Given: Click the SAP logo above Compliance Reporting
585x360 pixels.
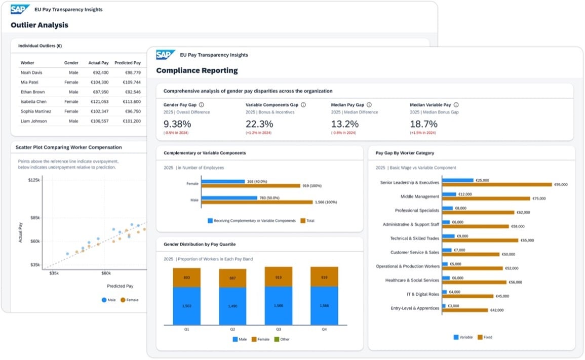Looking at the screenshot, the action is [165, 55].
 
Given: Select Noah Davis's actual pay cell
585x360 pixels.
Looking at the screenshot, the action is [100, 73].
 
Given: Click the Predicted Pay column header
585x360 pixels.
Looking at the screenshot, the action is [128, 63].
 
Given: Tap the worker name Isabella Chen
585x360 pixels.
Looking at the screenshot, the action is [33, 101].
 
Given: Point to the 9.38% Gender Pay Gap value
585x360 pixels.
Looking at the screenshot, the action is [177, 124].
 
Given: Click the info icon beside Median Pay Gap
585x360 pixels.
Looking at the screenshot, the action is [369, 105].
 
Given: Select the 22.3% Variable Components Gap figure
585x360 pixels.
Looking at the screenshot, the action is [259, 124].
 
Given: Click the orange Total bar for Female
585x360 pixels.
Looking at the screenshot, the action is [251, 186].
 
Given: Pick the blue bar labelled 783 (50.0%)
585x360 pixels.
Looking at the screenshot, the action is [229, 197].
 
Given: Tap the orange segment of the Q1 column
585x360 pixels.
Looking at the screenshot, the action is [186, 277].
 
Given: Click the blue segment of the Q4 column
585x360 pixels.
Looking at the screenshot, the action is [324, 306].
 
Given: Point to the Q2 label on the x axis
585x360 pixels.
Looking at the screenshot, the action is [232, 330].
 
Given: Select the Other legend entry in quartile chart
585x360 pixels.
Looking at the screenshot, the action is [282, 339].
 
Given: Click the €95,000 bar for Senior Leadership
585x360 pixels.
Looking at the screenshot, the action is [497, 185].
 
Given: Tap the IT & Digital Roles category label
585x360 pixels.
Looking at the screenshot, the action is [423, 294].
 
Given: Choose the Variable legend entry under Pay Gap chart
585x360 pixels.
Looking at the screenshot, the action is [463, 337].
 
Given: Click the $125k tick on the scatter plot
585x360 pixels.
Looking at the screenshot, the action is [34, 180].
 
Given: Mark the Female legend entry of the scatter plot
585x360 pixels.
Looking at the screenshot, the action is [130, 300].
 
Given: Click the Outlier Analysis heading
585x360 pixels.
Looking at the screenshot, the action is [40, 25].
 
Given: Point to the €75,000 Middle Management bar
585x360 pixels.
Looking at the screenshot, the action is [486, 198].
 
